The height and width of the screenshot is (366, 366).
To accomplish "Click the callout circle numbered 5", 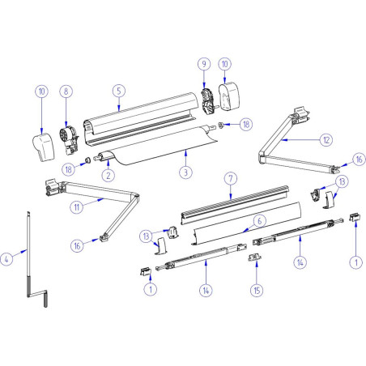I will [118, 91].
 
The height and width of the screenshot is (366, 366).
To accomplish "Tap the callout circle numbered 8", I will [67, 91].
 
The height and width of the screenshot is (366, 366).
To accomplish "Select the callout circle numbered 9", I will [204, 63].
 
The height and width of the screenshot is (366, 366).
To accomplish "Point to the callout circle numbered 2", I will [106, 173].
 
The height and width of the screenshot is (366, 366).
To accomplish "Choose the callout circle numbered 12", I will [326, 140].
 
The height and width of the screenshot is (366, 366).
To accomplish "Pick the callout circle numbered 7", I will [231, 177].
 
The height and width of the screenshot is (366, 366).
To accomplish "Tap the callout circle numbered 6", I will [260, 219].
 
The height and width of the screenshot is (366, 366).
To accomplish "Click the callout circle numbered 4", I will [6, 259].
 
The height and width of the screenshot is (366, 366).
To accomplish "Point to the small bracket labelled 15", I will [256, 257].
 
